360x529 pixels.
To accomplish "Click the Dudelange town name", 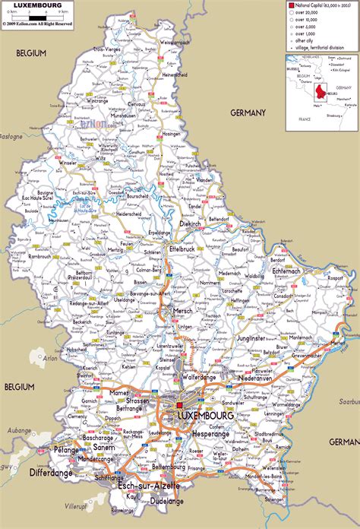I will (x=165, y=501).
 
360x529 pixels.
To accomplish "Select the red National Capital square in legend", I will (x=290, y=6).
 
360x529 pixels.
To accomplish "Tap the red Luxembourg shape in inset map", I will (x=322, y=92).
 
